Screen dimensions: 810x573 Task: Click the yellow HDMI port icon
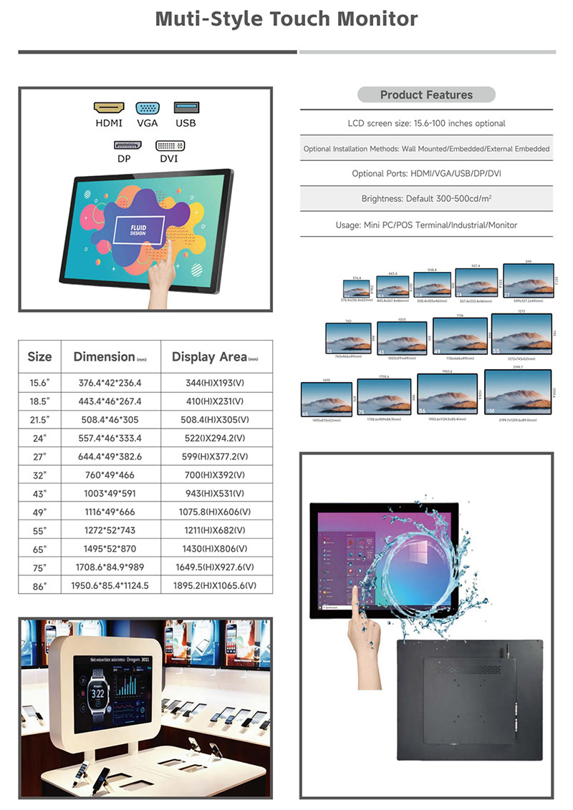coord(109,107)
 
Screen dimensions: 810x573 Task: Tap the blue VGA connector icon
coord(148,108)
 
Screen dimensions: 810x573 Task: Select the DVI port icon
coord(170,145)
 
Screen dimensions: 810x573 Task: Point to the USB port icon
coord(186,107)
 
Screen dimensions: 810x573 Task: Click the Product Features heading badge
coord(426,94)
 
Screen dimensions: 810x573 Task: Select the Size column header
coord(40,356)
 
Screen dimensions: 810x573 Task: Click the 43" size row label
coord(39,494)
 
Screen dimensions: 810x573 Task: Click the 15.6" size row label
coord(39,383)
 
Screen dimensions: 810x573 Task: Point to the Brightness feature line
coord(426,199)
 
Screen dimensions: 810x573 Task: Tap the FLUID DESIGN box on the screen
coord(139,230)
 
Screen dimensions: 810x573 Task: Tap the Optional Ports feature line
coord(426,174)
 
